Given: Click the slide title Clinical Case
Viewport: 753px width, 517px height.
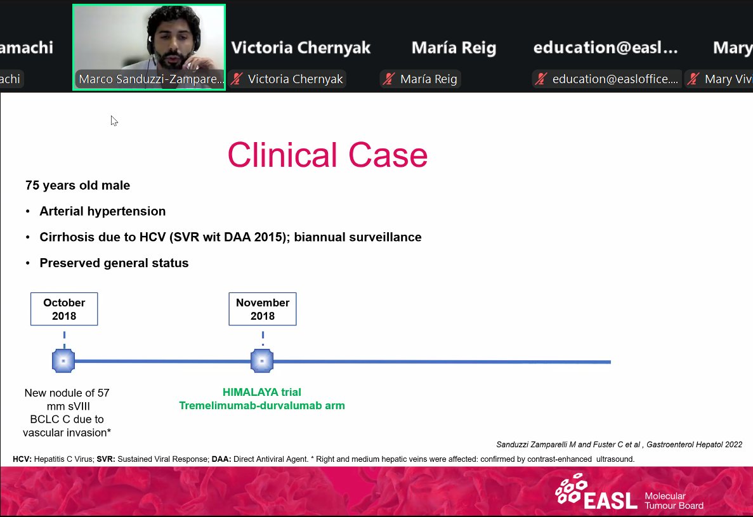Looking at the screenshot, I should [x=327, y=155].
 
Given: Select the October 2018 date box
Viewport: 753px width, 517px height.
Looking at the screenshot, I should [x=64, y=309].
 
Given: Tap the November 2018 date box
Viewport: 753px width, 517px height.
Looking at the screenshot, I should [x=263, y=309].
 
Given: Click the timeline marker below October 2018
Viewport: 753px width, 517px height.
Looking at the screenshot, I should [x=63, y=361].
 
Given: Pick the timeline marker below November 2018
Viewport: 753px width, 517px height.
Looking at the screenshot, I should [x=262, y=361].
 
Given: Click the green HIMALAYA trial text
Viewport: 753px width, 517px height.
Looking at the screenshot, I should [x=261, y=393].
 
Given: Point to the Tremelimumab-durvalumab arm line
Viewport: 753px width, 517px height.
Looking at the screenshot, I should [x=261, y=405].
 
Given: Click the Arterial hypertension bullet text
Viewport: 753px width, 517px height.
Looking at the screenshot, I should [x=102, y=211].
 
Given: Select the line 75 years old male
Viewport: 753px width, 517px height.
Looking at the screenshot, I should [x=77, y=186].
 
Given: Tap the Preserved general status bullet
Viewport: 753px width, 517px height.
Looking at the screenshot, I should [x=114, y=263].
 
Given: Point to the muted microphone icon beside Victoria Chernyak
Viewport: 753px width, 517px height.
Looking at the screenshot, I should [x=237, y=79].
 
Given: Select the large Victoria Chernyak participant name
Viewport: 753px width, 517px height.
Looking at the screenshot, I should [x=301, y=48].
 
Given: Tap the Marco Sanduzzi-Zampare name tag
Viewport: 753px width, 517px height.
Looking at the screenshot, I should [x=150, y=79].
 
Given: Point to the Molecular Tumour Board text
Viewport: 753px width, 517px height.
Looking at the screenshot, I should [x=673, y=501].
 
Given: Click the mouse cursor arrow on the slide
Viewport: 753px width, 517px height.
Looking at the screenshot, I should [x=114, y=120].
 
